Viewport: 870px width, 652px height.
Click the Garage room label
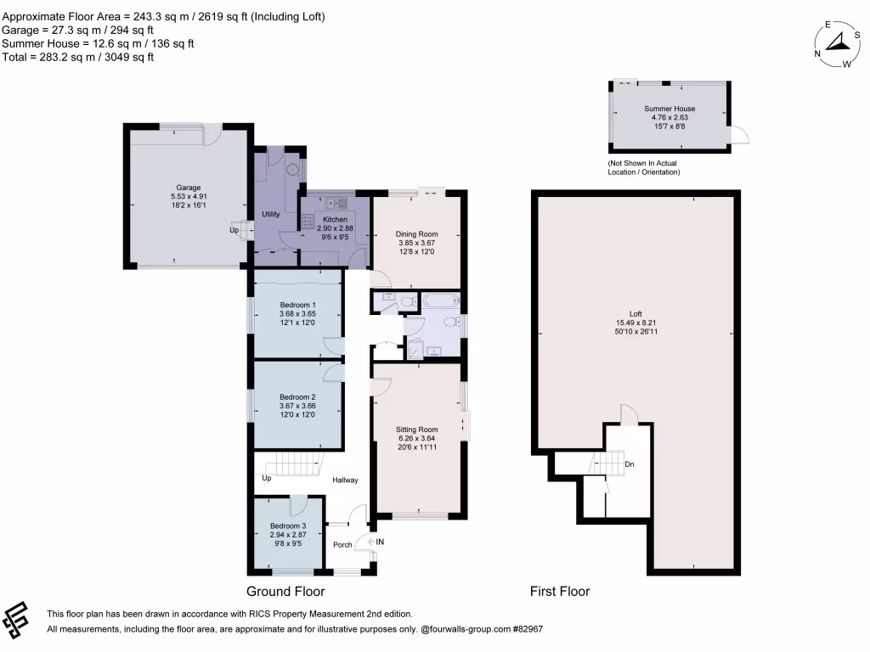(x=189, y=188)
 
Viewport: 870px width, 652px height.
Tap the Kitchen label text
(x=335, y=220)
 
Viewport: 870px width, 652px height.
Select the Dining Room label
(x=416, y=234)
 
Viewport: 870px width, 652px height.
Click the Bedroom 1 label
(x=297, y=305)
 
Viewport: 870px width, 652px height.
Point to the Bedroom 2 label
(x=297, y=397)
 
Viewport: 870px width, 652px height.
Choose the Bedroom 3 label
(x=288, y=526)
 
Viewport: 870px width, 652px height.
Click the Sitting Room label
(x=416, y=429)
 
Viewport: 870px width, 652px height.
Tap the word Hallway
(x=345, y=481)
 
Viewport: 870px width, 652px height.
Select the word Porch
(x=342, y=544)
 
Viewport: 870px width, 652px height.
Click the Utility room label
(x=271, y=214)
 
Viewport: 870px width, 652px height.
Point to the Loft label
(x=636, y=314)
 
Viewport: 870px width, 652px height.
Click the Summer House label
(x=669, y=109)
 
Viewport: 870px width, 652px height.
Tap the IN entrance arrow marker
(x=376, y=542)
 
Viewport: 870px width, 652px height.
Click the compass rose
(x=837, y=44)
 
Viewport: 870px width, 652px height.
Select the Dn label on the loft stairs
(x=630, y=464)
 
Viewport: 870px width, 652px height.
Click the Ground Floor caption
(x=285, y=592)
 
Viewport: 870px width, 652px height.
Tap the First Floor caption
(x=559, y=592)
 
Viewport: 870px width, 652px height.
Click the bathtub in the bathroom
(x=442, y=301)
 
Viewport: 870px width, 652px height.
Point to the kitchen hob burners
(x=308, y=222)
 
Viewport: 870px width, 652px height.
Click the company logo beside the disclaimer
(x=15, y=620)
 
